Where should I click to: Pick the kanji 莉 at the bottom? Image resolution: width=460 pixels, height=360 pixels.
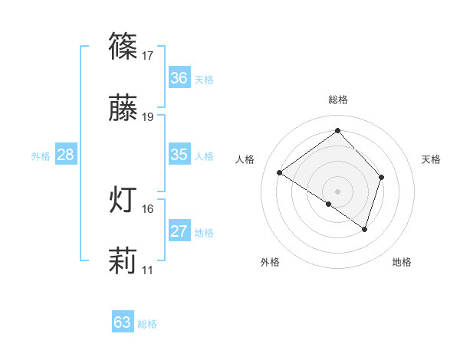pos(123,262)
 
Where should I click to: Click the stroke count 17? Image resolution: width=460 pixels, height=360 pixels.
pos(148,56)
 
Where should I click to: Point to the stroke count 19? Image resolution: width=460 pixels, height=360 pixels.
pos(148,117)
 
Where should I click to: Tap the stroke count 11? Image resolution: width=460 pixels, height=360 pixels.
pos(148,270)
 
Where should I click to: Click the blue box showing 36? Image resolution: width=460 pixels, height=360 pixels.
pos(179,77)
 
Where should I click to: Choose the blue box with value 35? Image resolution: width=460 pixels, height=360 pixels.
pos(179,155)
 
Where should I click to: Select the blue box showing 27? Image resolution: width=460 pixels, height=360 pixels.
pos(179,231)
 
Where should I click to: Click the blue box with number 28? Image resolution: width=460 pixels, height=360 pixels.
pos(66,155)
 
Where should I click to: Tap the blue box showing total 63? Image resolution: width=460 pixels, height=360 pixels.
pos(123,322)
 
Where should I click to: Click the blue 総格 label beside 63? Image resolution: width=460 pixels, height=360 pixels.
pos(147,324)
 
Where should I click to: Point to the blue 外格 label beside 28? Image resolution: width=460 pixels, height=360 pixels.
pos(41,155)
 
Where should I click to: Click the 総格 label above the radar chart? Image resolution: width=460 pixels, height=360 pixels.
pos(338,100)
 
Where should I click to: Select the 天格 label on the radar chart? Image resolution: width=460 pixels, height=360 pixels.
pos(431,159)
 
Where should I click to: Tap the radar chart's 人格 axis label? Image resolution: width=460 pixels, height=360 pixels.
pos(245,159)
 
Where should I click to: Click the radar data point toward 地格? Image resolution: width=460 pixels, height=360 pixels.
pos(365,229)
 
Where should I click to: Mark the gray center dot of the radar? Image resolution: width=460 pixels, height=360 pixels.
pos(338,191)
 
